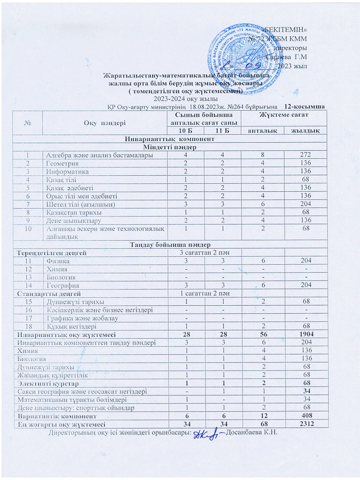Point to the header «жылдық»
click(303, 130)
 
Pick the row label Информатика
click(65, 170)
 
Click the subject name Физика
click(56, 261)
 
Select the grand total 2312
click(302, 423)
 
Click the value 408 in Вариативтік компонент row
click(302, 416)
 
